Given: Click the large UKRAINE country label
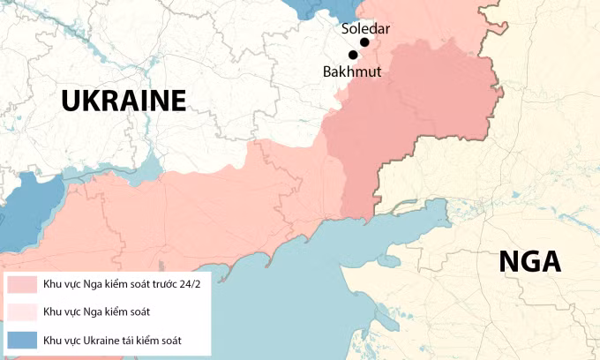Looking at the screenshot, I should coord(124,101).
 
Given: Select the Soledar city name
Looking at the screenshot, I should coord(365,28).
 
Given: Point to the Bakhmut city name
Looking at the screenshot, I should coord(352,71).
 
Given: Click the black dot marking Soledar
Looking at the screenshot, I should coord(364,42).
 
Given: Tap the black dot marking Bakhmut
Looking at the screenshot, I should coord(353,55).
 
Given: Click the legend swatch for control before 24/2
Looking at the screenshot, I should coord(19,284).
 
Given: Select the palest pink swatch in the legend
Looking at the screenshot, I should coord(19,311).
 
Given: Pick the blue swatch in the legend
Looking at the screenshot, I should coord(19,339).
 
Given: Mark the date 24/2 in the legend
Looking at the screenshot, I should coord(189,284).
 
